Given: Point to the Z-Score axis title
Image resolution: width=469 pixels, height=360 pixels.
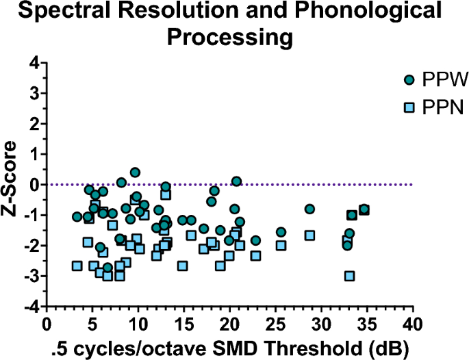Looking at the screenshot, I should [12, 185].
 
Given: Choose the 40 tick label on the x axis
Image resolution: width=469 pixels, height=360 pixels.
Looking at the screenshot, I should [411, 323].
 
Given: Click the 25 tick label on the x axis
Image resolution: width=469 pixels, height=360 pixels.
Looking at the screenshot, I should [275, 323].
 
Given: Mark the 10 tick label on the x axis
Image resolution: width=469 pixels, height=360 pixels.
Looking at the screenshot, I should [138, 323].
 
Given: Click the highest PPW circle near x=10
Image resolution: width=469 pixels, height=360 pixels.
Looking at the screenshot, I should [135, 172].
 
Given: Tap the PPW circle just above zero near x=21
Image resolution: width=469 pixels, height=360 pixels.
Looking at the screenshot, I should [236, 181].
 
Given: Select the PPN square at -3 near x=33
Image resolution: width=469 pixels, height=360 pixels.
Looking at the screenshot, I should [350, 276].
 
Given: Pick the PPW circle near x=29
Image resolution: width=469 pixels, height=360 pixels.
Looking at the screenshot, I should [309, 209].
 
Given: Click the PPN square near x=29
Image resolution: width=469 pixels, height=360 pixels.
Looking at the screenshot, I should [309, 235].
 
